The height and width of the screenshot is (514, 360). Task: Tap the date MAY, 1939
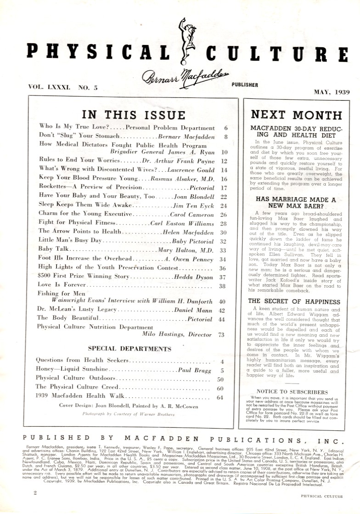click(326, 91)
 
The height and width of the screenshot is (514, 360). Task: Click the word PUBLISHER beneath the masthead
click(242, 85)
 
